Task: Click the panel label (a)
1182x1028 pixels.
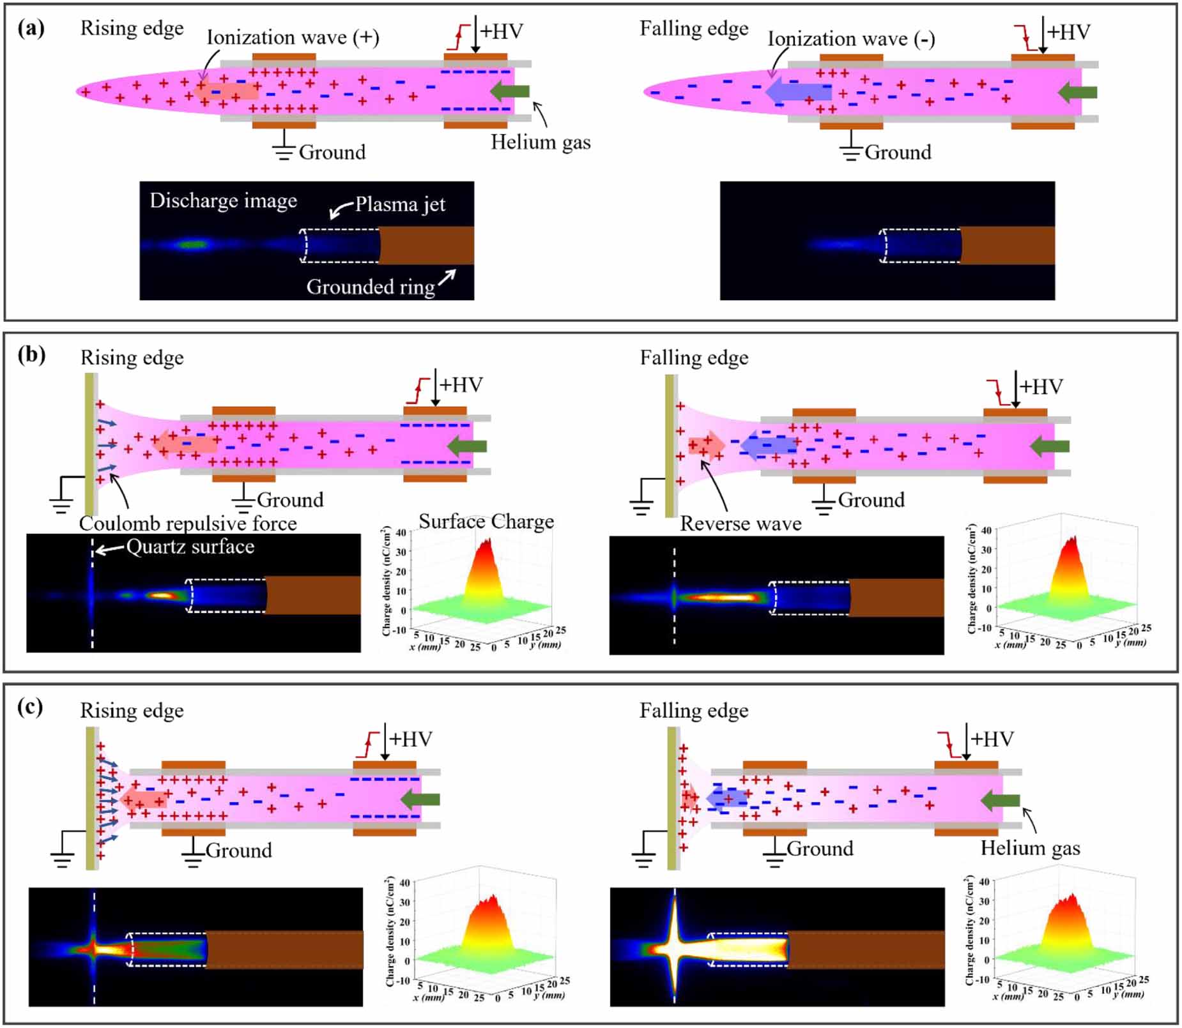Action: (31, 28)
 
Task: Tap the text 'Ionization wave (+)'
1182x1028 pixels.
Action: (293, 37)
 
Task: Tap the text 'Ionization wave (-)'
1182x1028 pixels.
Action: (851, 39)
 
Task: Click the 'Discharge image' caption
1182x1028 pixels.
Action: (223, 200)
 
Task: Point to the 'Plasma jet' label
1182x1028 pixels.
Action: (400, 204)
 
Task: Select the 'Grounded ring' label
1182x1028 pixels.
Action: (371, 287)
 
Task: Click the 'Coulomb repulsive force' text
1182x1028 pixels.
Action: (188, 524)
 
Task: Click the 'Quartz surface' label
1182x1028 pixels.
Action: (190, 547)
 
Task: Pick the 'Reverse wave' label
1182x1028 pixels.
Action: (741, 524)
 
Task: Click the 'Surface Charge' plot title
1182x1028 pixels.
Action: (486, 522)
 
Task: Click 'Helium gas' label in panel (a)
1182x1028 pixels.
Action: (541, 142)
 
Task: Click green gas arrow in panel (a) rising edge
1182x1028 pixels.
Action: (509, 92)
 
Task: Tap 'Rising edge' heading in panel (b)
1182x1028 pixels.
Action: (132, 358)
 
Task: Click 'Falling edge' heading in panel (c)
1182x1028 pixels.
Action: (694, 711)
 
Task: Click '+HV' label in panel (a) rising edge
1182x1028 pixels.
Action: (502, 31)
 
